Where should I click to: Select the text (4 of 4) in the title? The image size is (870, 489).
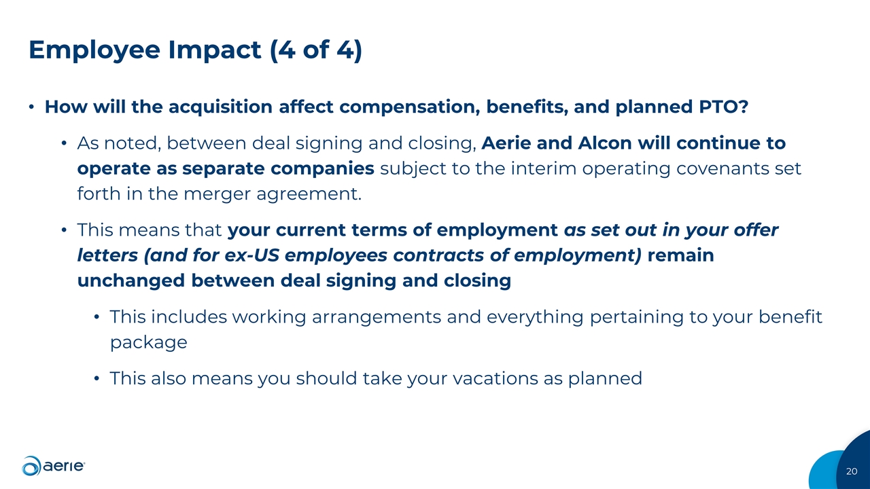[x=315, y=51]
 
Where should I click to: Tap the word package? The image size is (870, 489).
[x=148, y=342]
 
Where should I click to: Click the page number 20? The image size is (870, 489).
[x=852, y=471]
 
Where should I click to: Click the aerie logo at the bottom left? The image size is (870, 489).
[x=54, y=465]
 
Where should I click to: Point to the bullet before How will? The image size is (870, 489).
[x=32, y=108]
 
